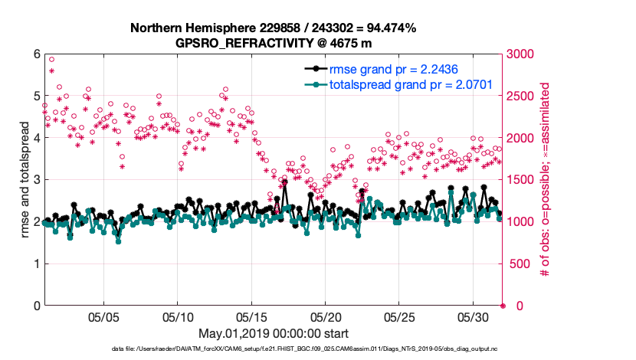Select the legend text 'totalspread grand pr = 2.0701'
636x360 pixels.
(x=411, y=84)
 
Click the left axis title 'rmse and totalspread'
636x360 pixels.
(x=25, y=180)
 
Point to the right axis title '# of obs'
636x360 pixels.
(x=546, y=180)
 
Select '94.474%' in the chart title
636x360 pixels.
(x=388, y=28)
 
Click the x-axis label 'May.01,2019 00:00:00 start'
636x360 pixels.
(x=274, y=333)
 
